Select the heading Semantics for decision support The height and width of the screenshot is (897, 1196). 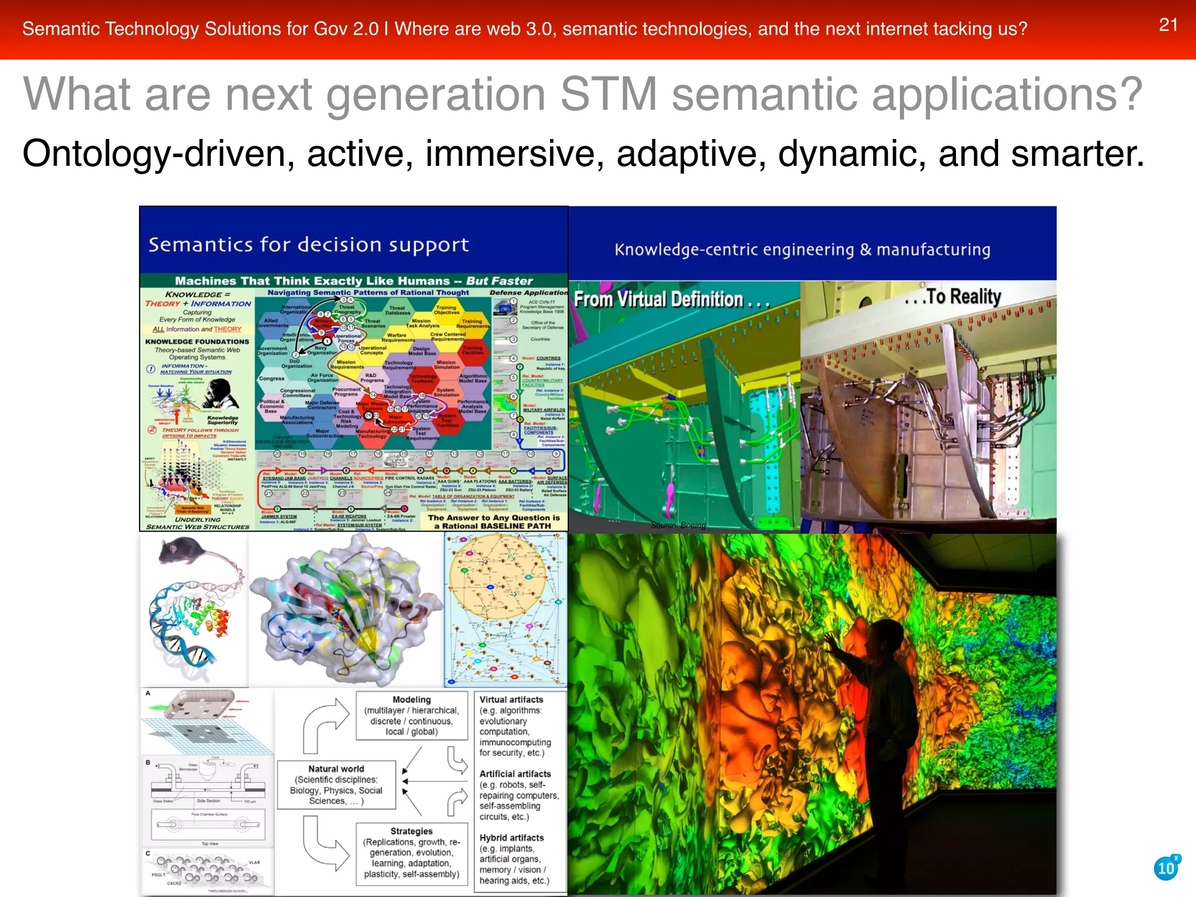click(308, 245)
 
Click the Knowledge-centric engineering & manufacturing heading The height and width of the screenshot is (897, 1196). click(802, 250)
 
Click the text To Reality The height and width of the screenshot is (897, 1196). click(958, 297)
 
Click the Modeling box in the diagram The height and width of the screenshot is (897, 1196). click(412, 715)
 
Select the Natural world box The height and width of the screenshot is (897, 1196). click(336, 785)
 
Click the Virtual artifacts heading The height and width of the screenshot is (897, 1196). click(511, 700)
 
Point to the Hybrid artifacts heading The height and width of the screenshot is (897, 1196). click(512, 837)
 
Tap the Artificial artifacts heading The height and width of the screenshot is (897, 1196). click(515, 774)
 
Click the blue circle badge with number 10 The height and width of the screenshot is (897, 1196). click(1166, 868)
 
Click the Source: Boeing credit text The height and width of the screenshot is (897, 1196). click(678, 525)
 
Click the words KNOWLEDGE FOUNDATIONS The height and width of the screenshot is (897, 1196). click(197, 342)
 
